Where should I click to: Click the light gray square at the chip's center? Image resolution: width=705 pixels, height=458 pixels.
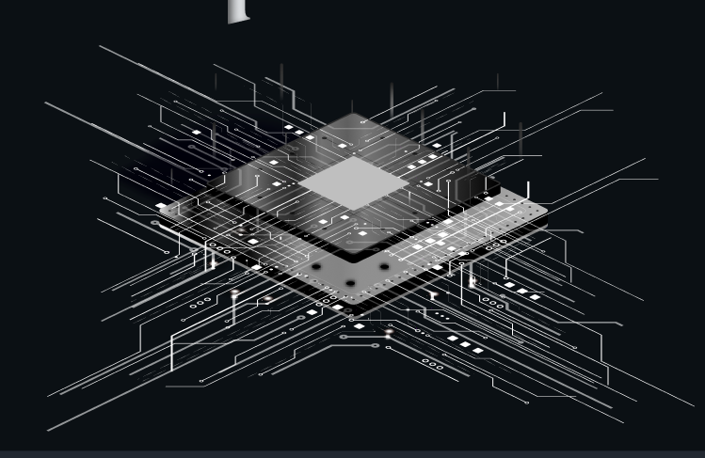tap(354, 182)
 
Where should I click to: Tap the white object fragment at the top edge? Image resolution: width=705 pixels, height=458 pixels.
tap(239, 10)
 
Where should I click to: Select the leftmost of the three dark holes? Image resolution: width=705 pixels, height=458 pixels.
tap(315, 267)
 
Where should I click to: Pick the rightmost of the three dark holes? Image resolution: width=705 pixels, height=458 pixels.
tap(383, 267)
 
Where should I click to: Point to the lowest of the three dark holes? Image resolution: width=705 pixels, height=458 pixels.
tap(349, 282)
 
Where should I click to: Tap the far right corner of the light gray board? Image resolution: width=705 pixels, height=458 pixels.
tap(547, 208)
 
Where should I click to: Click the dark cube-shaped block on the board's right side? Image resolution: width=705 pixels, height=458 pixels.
tap(475, 188)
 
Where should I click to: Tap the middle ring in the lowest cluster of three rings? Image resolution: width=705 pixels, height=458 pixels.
tap(431, 363)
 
